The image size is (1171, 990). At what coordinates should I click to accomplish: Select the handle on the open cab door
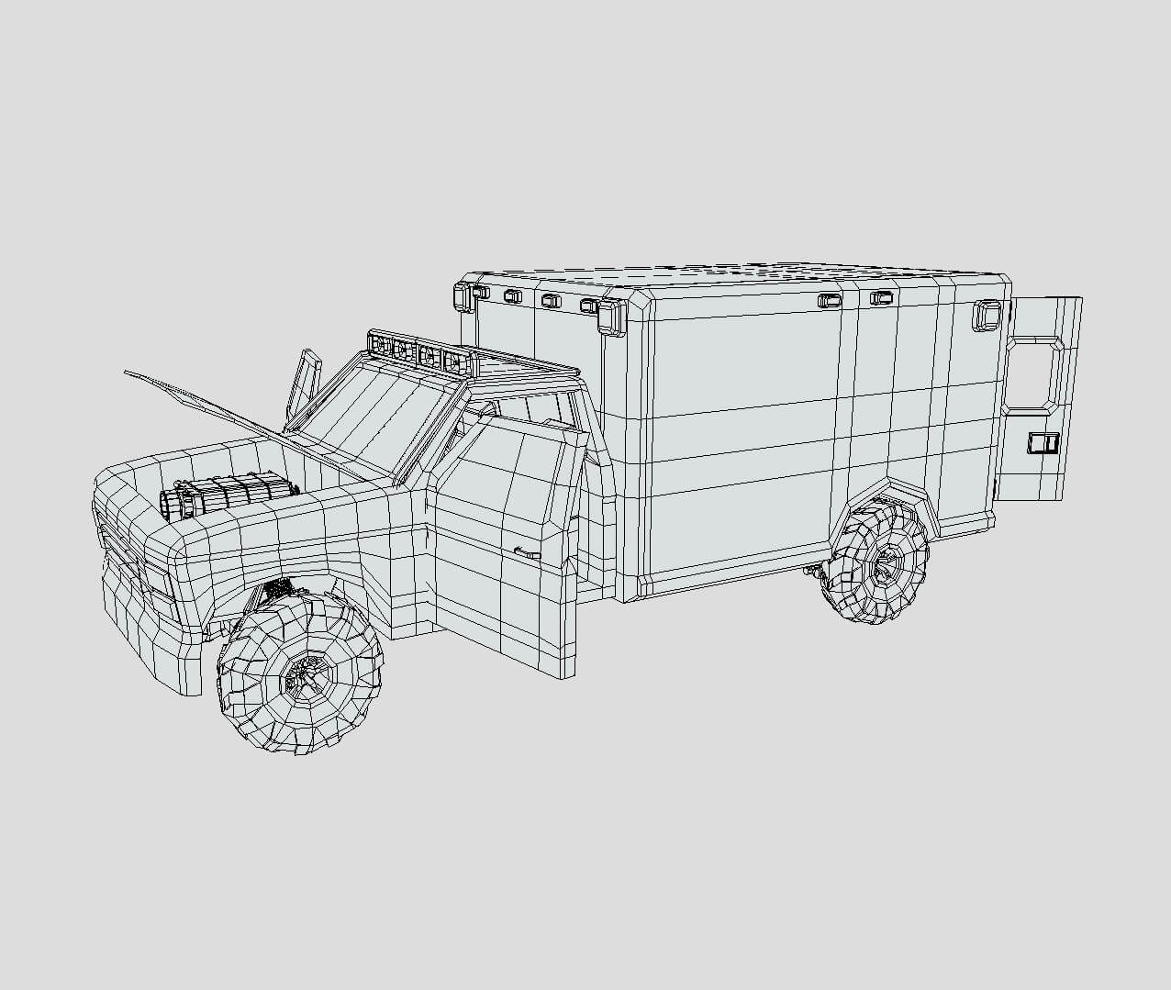528,552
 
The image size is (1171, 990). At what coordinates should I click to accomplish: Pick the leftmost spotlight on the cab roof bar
377,346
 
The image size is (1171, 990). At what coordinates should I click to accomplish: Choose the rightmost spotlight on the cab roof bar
453,361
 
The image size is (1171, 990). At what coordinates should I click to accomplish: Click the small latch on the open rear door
1043,444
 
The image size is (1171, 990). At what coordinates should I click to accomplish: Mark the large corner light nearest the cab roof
610,316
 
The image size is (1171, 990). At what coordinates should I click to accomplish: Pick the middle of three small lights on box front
551,301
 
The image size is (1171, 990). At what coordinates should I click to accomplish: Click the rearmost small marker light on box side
880,298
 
